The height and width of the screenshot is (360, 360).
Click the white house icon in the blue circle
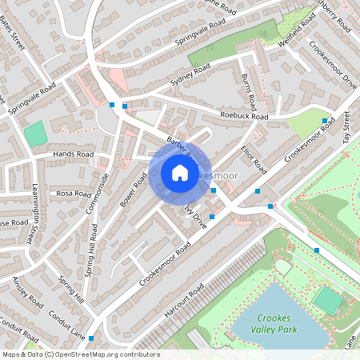tap(179, 173)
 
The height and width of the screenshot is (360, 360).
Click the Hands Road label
tap(73, 154)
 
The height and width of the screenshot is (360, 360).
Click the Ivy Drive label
tap(195, 217)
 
